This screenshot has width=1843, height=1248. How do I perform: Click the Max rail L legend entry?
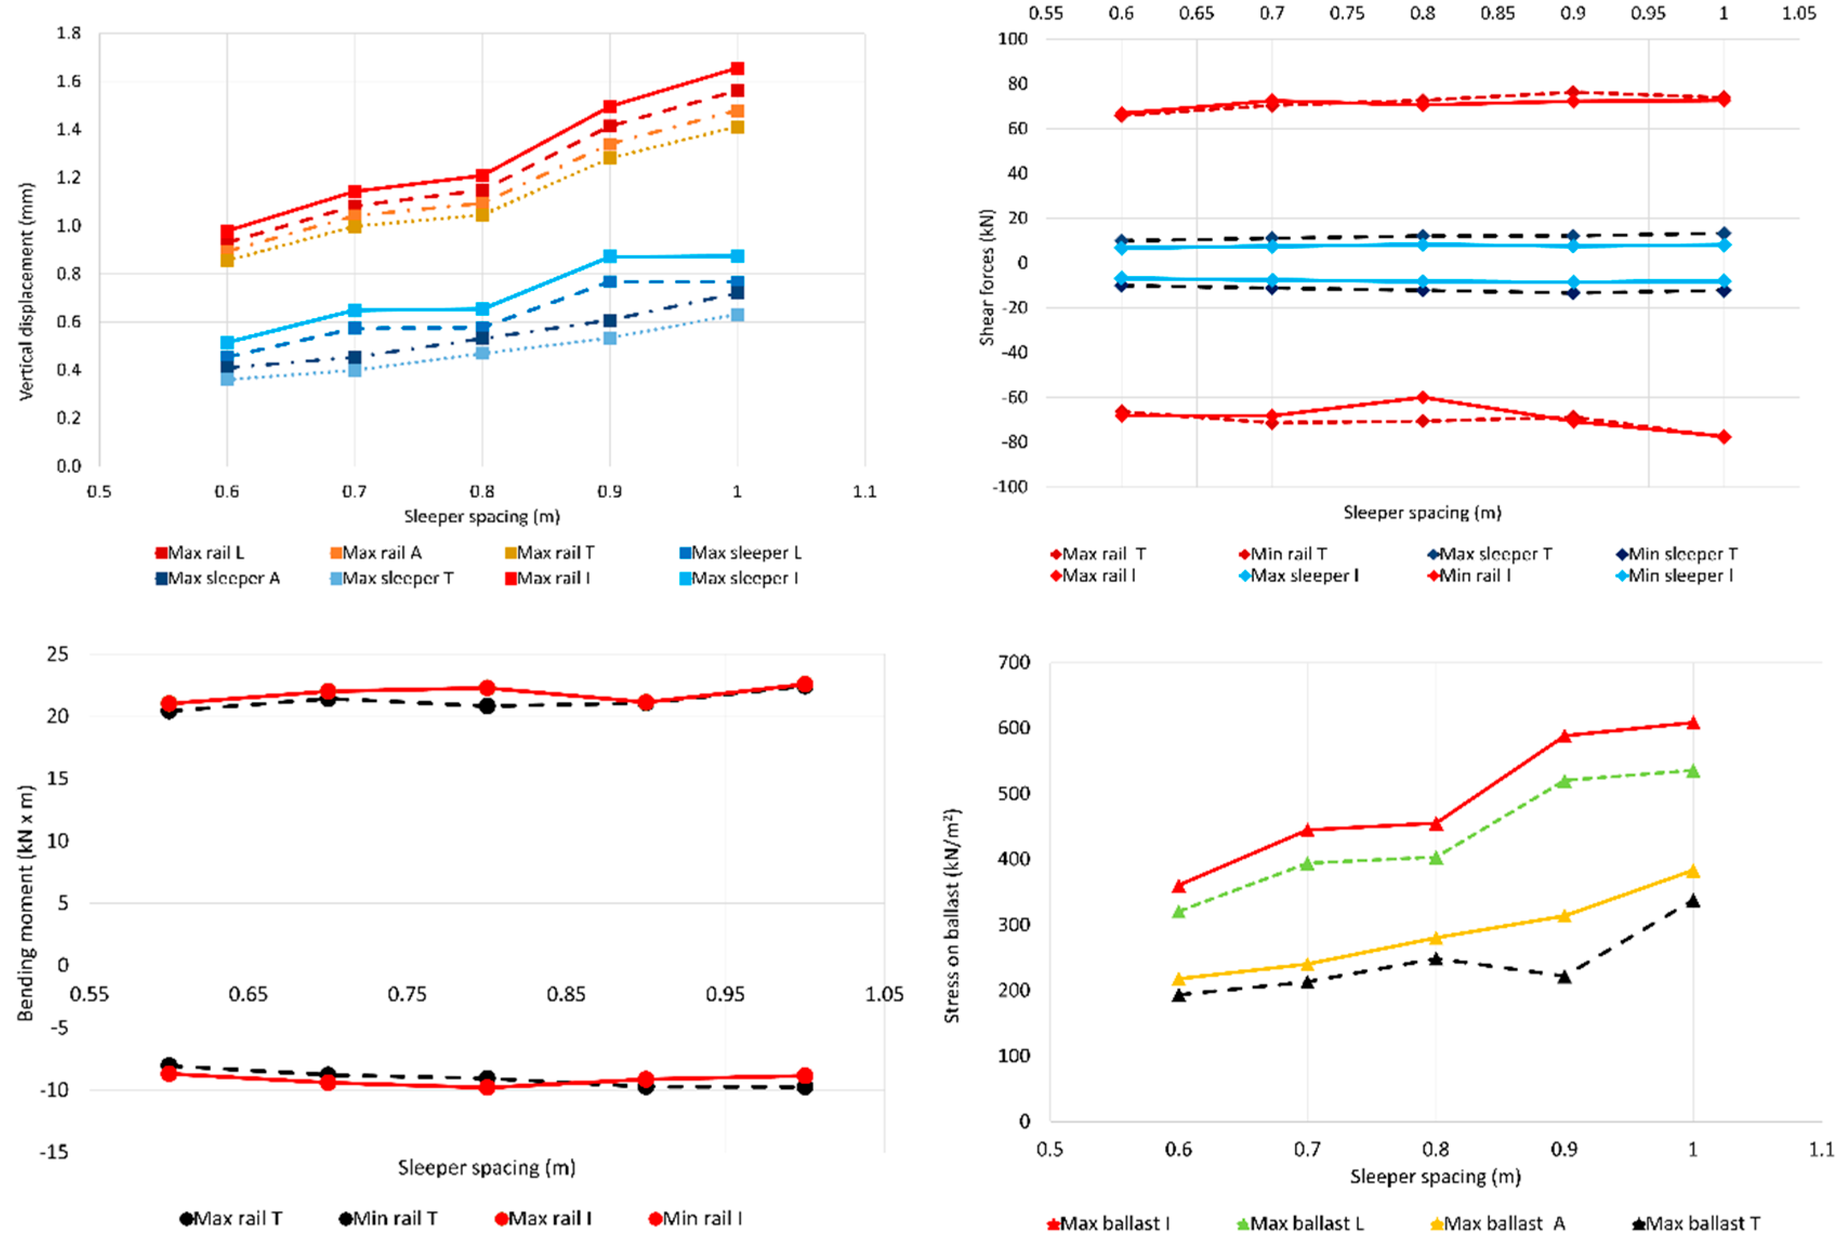[200, 553]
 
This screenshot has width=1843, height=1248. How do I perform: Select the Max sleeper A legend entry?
[217, 578]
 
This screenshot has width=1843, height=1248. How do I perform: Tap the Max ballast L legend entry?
[1300, 1224]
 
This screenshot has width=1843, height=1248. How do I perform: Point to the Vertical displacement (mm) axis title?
[26, 292]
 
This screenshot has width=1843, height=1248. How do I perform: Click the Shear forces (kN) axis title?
[987, 277]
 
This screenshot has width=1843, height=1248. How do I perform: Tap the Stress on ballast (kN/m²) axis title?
[952, 916]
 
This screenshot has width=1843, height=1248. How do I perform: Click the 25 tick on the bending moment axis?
[58, 654]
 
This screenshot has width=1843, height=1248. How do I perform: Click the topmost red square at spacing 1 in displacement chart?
[737, 68]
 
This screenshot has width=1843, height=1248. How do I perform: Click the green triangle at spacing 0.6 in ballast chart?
[1178, 912]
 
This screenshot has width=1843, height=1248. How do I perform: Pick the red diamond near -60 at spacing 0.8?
[1423, 397]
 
